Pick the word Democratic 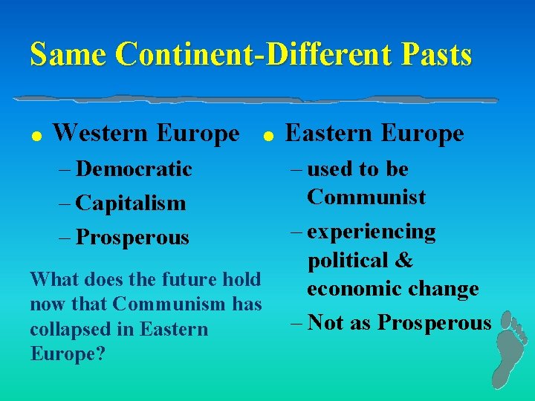tap(134, 169)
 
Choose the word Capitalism tap(131, 203)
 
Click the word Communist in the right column tap(366, 198)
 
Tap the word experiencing tap(372, 232)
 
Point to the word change tap(442, 289)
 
